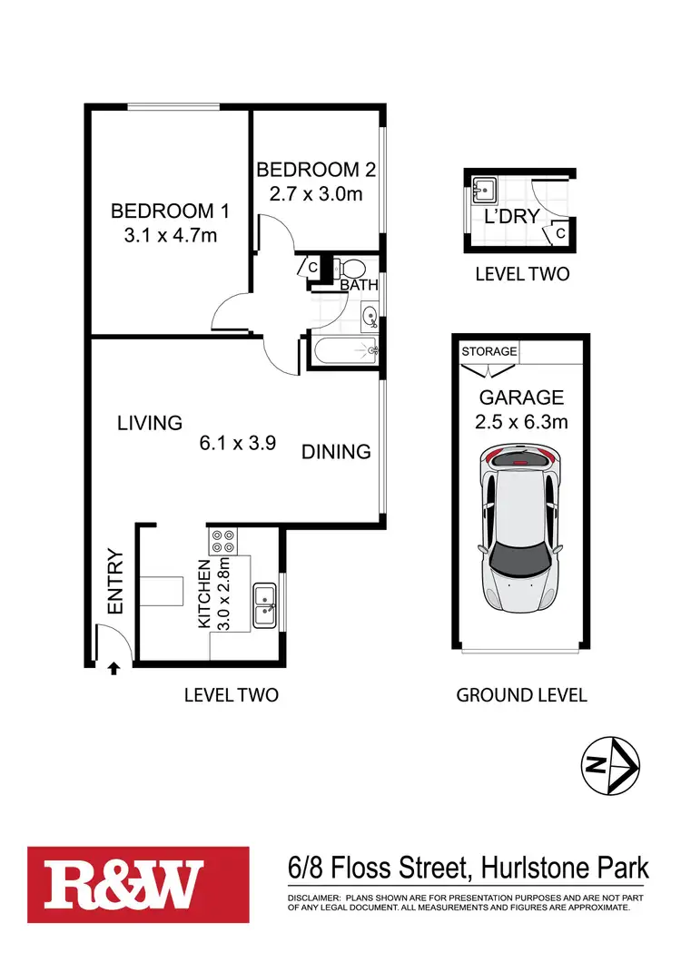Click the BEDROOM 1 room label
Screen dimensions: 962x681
click(x=169, y=211)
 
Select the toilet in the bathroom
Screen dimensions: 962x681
click(x=350, y=269)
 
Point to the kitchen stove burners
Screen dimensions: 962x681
click(x=223, y=543)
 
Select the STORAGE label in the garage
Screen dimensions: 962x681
click(x=489, y=351)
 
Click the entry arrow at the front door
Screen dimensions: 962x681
click(x=113, y=671)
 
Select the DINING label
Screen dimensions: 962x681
click(x=336, y=451)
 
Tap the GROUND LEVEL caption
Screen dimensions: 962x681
click(x=521, y=695)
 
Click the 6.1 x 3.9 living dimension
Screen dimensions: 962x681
click(x=238, y=444)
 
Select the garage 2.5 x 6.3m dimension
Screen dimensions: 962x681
click(x=522, y=421)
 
